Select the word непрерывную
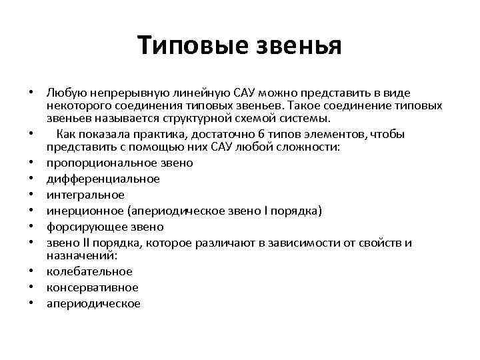click(x=119, y=91)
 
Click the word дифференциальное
click(x=103, y=179)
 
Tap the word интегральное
click(x=86, y=195)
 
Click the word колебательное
click(x=89, y=271)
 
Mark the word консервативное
click(x=93, y=287)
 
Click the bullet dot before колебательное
click(x=31, y=271)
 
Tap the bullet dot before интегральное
click(x=31, y=195)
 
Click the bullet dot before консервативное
click(x=31, y=287)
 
